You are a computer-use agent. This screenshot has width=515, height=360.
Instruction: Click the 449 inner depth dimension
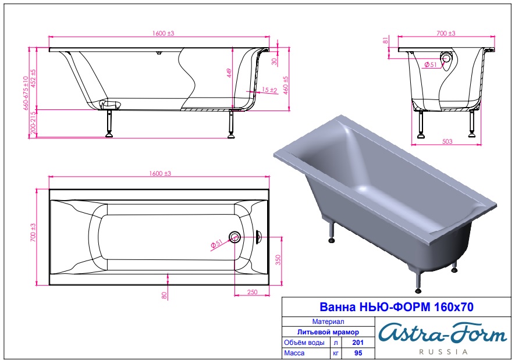[229, 73]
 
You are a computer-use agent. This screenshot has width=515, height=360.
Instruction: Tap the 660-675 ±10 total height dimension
[26, 93]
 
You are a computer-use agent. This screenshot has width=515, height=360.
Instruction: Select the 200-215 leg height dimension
[33, 123]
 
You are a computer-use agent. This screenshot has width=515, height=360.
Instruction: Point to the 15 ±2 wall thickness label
[269, 89]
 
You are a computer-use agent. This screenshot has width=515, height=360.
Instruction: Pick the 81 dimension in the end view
[386, 40]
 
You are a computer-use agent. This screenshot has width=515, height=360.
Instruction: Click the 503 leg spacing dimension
[447, 141]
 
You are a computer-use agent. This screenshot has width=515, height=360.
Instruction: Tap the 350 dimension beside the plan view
[278, 260]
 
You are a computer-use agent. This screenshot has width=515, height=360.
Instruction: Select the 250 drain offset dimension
[252, 292]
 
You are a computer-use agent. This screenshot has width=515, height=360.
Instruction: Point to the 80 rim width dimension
[165, 295]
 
